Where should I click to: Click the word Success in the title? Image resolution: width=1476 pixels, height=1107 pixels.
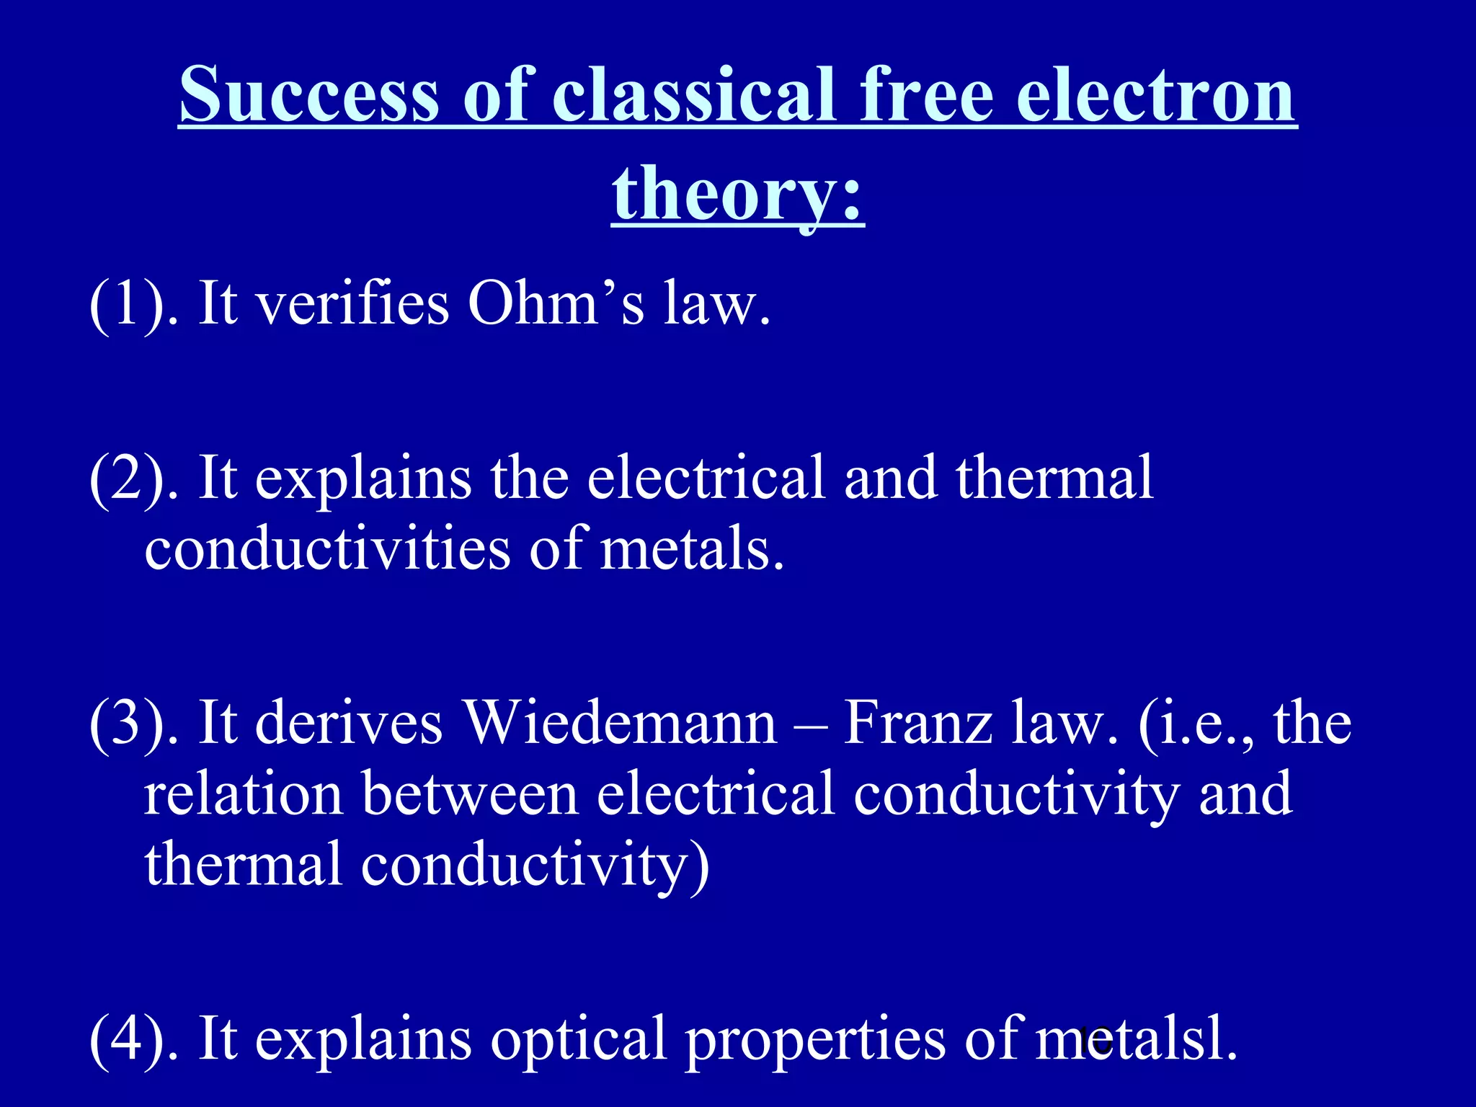coord(309,95)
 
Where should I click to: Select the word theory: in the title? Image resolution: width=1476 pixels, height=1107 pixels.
coord(738,193)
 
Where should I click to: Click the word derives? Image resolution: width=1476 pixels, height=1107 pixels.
coord(349,724)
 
